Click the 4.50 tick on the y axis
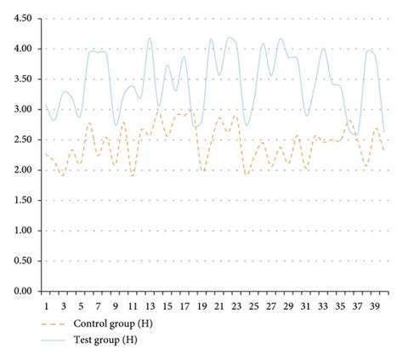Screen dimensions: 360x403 point(24,19)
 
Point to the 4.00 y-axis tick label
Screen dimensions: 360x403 point(24,49)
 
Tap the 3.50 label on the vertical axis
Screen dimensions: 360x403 point(24,79)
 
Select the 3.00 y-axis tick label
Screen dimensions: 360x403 point(24,110)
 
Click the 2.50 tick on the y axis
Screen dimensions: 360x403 point(24,140)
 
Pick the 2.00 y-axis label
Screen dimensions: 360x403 point(24,170)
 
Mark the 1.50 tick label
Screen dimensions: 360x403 point(24,200)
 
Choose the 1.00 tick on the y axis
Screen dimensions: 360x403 point(24,231)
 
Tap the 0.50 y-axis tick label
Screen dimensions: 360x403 point(24,261)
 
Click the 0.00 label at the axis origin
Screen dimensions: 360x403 point(24,291)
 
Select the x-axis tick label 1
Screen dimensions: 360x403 point(46,305)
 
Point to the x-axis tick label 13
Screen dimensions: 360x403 point(150,305)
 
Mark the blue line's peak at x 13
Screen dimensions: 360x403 point(150,37)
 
